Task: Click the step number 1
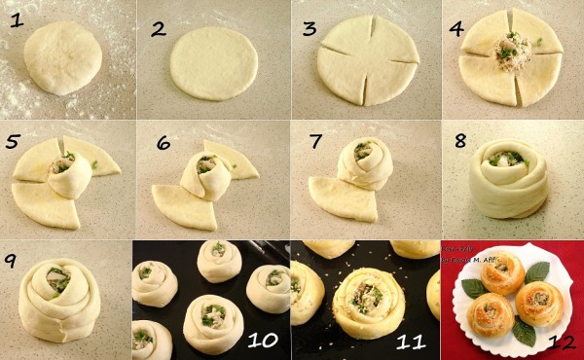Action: [x=15, y=19]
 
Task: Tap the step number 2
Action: [x=159, y=28]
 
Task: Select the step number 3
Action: [x=310, y=29]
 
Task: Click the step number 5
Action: [x=14, y=142]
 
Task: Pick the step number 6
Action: [x=164, y=143]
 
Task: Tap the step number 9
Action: [x=13, y=261]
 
